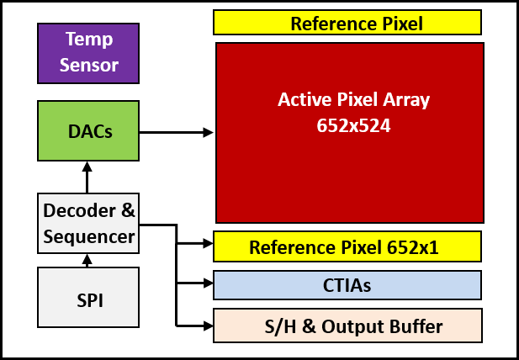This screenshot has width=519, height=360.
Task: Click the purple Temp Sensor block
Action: [x=88, y=53]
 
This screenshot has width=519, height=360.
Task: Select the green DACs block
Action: [x=88, y=130]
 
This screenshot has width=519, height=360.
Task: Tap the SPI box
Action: [x=88, y=297]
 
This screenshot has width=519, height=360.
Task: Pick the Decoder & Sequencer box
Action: [x=88, y=224]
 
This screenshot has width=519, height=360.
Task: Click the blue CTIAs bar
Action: [x=347, y=285]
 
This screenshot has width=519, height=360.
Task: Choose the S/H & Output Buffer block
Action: [x=347, y=326]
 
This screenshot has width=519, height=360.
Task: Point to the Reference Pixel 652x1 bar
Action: [x=347, y=246]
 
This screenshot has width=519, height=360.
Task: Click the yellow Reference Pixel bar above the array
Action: [x=347, y=23]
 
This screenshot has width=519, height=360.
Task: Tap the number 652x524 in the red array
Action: [x=353, y=125]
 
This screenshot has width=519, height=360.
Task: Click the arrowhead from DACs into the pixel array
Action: [x=209, y=132]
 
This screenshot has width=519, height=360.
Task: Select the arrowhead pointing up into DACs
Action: [x=87, y=167]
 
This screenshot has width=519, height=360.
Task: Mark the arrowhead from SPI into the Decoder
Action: [x=87, y=259]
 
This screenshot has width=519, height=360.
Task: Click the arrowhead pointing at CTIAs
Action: [x=209, y=283]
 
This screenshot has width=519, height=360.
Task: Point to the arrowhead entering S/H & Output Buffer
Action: [x=209, y=326]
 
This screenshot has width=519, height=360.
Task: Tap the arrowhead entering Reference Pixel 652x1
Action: [x=209, y=244]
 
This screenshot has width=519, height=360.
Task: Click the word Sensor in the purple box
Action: [x=88, y=65]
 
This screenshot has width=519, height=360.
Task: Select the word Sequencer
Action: [x=89, y=237]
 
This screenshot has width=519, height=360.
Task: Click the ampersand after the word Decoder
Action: [x=128, y=211]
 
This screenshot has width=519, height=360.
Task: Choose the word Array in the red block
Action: [x=406, y=100]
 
